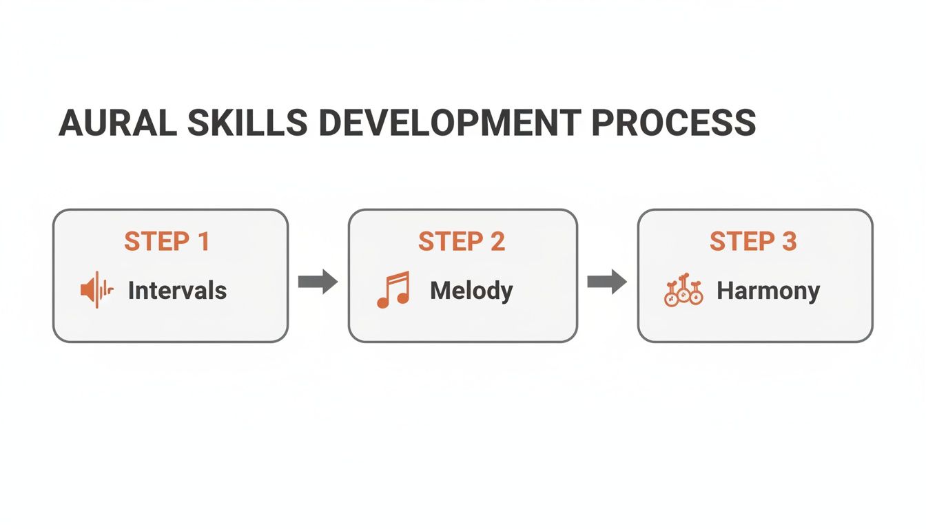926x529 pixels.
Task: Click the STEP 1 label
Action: (167, 242)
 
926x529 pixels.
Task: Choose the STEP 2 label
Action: (462, 242)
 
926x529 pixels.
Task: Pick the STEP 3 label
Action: (753, 242)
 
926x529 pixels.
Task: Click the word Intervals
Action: (177, 291)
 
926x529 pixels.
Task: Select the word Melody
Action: (471, 291)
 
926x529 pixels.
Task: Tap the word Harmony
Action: (768, 291)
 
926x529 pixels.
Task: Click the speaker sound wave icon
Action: (96, 290)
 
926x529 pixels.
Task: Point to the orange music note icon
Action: (393, 289)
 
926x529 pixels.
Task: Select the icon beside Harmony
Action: (683, 290)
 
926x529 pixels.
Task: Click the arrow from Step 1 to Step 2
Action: (318, 282)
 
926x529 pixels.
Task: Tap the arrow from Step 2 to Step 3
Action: (607, 282)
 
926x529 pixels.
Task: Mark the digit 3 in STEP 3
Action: (789, 242)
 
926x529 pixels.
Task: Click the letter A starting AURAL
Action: (71, 123)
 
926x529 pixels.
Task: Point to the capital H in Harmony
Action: (725, 291)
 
